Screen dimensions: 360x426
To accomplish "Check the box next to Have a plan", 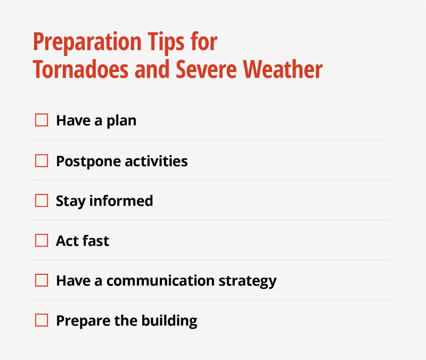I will point(42,120).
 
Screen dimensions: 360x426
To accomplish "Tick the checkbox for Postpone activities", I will point(42,161).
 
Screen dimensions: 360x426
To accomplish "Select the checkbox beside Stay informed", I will point(42,201).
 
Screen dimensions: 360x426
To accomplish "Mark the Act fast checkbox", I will point(42,241).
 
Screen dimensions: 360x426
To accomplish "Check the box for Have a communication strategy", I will point(42,281).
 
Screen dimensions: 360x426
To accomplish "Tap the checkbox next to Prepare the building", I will point(42,321).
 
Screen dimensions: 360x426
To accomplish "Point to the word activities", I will point(155,161).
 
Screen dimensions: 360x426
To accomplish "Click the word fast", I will point(96,241).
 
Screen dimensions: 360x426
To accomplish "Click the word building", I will point(169,321).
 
